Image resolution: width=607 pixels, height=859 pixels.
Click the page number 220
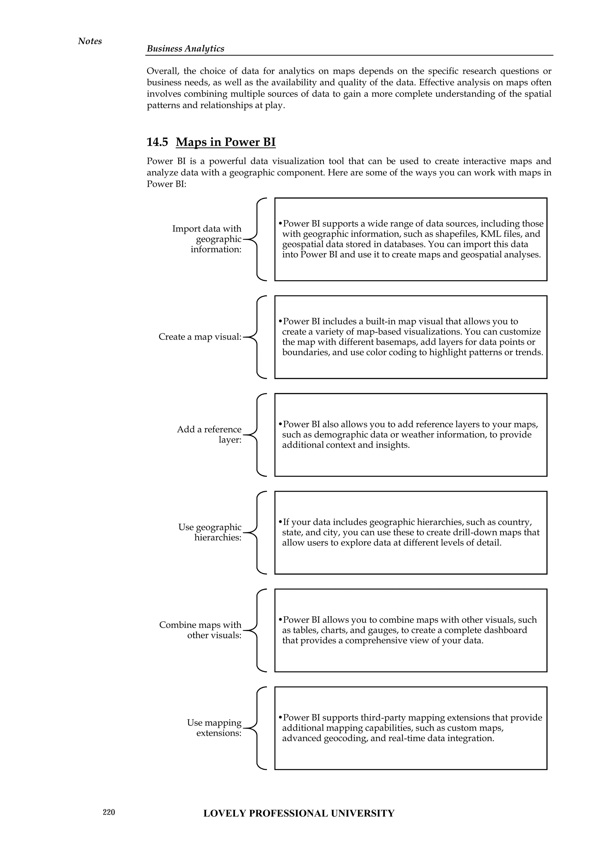109,812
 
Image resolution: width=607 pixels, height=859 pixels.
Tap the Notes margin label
90,41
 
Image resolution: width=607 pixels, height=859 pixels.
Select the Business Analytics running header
185,49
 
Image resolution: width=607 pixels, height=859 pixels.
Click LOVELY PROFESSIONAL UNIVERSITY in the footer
299,813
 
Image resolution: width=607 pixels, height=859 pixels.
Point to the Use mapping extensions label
214,728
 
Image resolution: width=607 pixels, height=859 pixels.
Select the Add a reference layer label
209,434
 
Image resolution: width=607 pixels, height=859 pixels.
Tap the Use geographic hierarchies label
210,532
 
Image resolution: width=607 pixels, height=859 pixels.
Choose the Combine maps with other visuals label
201,630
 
